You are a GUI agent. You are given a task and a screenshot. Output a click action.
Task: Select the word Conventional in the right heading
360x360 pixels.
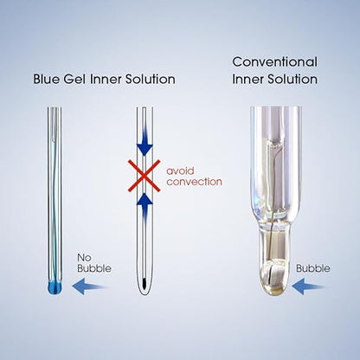275,61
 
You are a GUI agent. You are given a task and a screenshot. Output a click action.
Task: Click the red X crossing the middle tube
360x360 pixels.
145,176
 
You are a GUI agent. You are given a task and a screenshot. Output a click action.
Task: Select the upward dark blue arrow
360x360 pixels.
145,209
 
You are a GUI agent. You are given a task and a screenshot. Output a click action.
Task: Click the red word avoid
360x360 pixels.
181,170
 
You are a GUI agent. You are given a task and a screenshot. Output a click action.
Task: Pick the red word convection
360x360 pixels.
195,182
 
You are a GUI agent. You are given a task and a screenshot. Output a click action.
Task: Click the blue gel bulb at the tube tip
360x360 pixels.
55,287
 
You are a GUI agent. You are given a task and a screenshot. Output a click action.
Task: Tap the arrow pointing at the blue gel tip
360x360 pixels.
91,286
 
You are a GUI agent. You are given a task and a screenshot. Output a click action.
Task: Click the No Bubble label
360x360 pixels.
94,263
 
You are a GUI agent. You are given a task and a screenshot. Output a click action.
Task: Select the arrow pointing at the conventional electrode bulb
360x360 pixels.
309,286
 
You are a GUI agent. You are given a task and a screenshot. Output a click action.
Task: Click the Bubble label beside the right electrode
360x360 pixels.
313,268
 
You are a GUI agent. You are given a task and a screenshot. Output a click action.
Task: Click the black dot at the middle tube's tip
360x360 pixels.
145,280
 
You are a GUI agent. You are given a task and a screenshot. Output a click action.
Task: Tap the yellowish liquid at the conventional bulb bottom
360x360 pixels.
275,292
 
